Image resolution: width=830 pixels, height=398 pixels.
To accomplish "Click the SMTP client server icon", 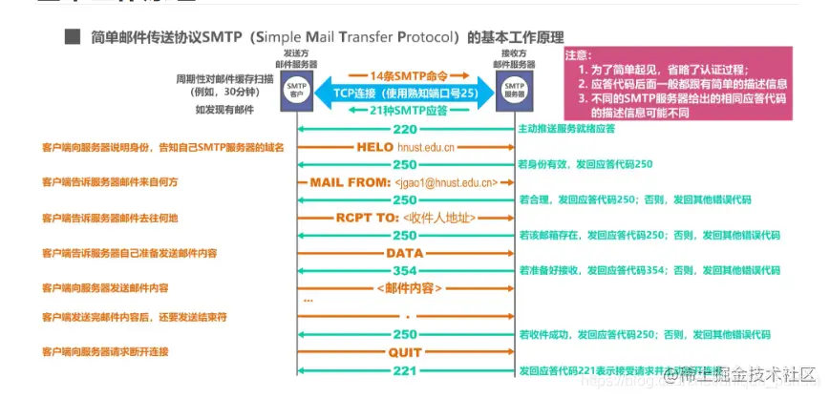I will pyautogui.click(x=296, y=93).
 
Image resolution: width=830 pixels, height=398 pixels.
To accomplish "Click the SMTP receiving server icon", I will pyautogui.click(x=515, y=93).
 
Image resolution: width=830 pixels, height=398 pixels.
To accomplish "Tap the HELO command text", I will pyautogui.click(x=374, y=148).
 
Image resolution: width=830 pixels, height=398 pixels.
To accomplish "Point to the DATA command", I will pyautogui.click(x=405, y=254).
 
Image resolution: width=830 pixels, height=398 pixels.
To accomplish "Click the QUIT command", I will pyautogui.click(x=405, y=352).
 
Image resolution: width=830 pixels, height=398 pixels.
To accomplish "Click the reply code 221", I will pyautogui.click(x=405, y=370).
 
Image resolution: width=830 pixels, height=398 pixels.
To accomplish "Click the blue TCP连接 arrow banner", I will pyautogui.click(x=405, y=93).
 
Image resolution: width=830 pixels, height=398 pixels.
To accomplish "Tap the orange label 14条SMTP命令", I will pyautogui.click(x=405, y=73).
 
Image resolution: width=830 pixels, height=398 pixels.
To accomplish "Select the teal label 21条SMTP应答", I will pyautogui.click(x=405, y=111).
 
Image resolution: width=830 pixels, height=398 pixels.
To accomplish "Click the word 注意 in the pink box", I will pyautogui.click(x=579, y=56).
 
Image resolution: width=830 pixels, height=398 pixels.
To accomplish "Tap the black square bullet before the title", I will pyautogui.click(x=70, y=39).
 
